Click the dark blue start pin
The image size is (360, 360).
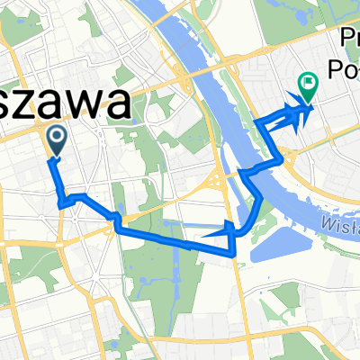[56, 139]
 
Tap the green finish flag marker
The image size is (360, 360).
[309, 86]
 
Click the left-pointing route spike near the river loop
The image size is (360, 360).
[211, 235]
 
